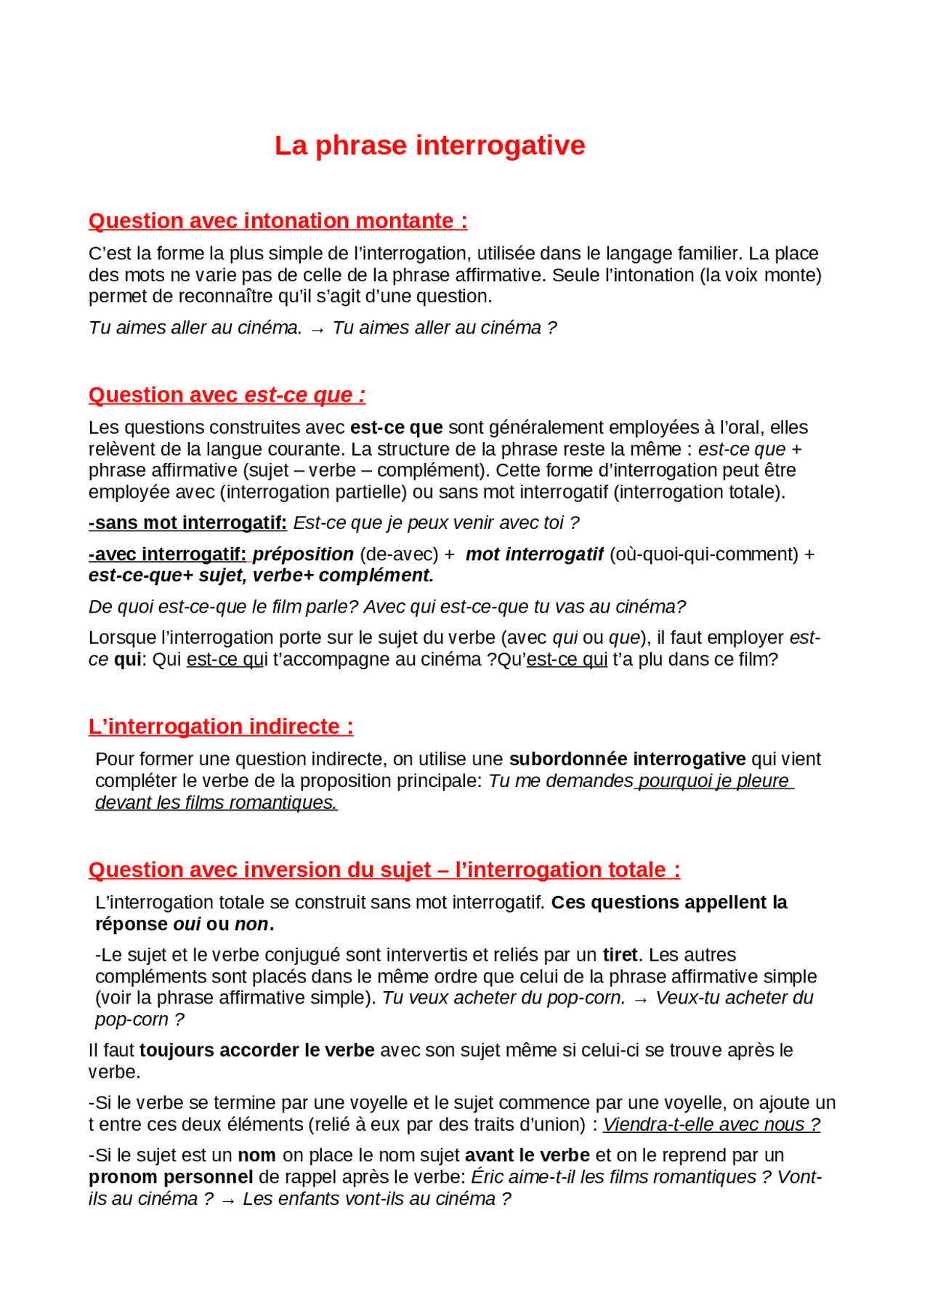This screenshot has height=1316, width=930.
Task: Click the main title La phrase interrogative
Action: (x=429, y=145)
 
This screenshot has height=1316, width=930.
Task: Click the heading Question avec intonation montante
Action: (x=278, y=221)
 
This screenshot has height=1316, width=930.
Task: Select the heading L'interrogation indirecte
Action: (x=221, y=726)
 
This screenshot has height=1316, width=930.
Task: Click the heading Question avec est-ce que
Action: (x=227, y=395)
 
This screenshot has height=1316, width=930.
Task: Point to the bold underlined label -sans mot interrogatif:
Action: (x=187, y=522)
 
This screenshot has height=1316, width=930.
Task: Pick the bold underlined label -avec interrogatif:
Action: (x=168, y=554)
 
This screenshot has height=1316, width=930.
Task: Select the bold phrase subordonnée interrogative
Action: (x=627, y=759)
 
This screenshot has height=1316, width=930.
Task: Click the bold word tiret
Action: (x=620, y=954)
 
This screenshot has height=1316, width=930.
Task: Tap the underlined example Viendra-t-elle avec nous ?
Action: (x=711, y=1124)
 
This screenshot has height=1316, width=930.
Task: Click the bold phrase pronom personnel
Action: (x=171, y=1176)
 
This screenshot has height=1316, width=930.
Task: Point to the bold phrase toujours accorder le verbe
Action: (x=257, y=1050)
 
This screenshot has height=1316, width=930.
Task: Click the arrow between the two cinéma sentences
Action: (x=317, y=329)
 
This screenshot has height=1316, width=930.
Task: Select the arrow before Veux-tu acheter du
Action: (x=640, y=999)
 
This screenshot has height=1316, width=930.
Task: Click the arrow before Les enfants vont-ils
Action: (x=228, y=1200)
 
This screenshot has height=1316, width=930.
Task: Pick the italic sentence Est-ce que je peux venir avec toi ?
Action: (x=436, y=522)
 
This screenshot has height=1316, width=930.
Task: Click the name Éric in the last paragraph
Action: (x=488, y=1176)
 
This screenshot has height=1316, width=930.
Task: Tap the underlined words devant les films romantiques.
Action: (x=216, y=802)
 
